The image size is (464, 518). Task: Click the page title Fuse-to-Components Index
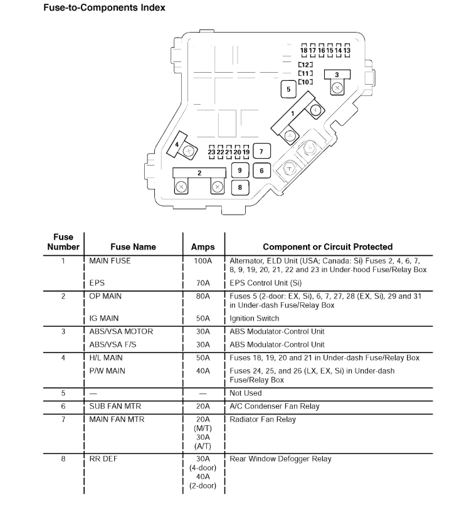tap(104, 8)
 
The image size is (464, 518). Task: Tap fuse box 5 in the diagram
tap(288, 89)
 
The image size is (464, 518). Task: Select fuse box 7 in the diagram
tap(261, 151)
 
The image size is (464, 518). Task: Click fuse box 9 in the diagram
tap(240, 170)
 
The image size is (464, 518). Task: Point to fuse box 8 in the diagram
tap(240, 186)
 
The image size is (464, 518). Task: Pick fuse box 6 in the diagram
tap(261, 170)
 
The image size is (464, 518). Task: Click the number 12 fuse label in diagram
tap(305, 65)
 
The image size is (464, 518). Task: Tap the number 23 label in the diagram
tap(212, 152)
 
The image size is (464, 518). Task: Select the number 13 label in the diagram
tap(347, 50)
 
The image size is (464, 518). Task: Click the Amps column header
tap(203, 247)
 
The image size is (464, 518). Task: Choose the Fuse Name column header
tap(133, 247)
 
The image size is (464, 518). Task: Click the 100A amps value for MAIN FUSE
tap(203, 261)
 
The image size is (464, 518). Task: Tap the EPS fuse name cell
tap(97, 283)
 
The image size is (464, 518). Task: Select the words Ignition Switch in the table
tap(255, 319)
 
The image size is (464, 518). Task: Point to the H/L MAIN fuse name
tap(107, 357)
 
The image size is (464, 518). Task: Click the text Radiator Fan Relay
tap(263, 420)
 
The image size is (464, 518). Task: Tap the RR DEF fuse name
tap(103, 459)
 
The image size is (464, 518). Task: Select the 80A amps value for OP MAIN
tap(203, 296)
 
